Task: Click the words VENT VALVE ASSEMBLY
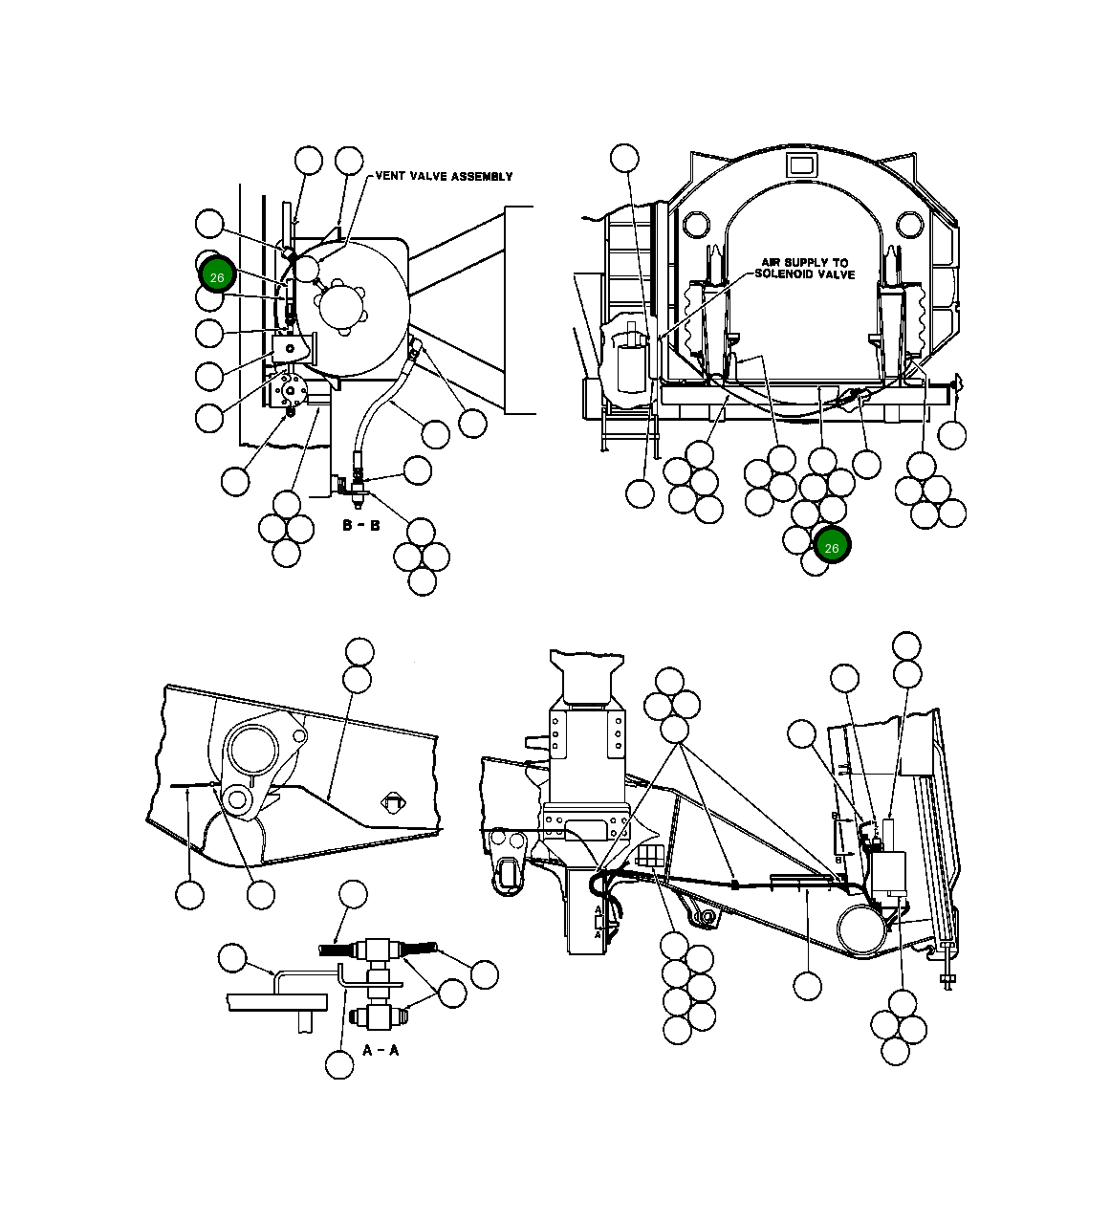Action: pyautogui.click(x=444, y=176)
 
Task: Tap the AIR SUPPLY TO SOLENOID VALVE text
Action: pyautogui.click(x=804, y=268)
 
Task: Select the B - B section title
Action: pyautogui.click(x=361, y=525)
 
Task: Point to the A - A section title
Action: pyautogui.click(x=381, y=1049)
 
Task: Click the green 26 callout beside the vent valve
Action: pyautogui.click(x=217, y=276)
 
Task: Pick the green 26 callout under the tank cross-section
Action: pyautogui.click(x=832, y=547)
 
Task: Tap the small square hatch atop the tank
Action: pyautogui.click(x=800, y=164)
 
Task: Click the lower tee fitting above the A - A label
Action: pyautogui.click(x=376, y=1015)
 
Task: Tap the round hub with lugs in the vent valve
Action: pyautogui.click(x=341, y=307)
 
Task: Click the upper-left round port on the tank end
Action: pyautogui.click(x=696, y=226)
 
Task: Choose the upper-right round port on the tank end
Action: pyautogui.click(x=909, y=226)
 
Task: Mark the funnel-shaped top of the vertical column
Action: pyautogui.click(x=585, y=676)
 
